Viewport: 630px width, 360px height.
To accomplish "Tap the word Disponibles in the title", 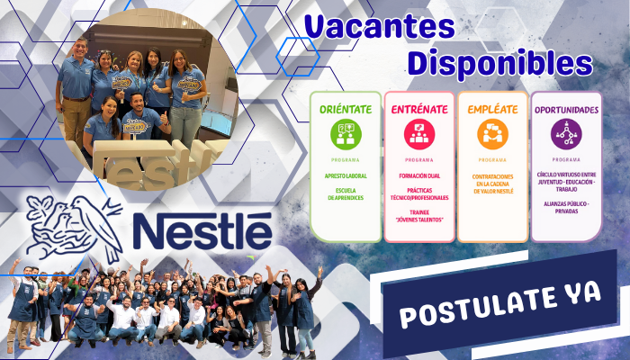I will point(499,63).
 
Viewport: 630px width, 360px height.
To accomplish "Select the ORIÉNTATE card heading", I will point(346,109).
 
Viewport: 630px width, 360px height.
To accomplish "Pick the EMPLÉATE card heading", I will point(492,109).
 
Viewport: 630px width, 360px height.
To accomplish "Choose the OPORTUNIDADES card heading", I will point(566,109).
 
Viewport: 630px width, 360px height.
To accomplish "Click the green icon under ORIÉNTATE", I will point(346,134).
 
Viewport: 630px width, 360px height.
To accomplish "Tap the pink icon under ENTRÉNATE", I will point(418,134).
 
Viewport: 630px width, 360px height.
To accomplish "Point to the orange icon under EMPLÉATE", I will point(492,134).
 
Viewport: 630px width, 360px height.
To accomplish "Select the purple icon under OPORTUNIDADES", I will point(566,134).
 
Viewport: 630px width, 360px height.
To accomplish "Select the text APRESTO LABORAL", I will point(346,175).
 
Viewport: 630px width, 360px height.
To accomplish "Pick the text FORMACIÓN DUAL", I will point(418,175).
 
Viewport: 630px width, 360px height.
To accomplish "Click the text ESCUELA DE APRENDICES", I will point(346,194).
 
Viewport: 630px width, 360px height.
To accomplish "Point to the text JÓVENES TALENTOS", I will point(418,219).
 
